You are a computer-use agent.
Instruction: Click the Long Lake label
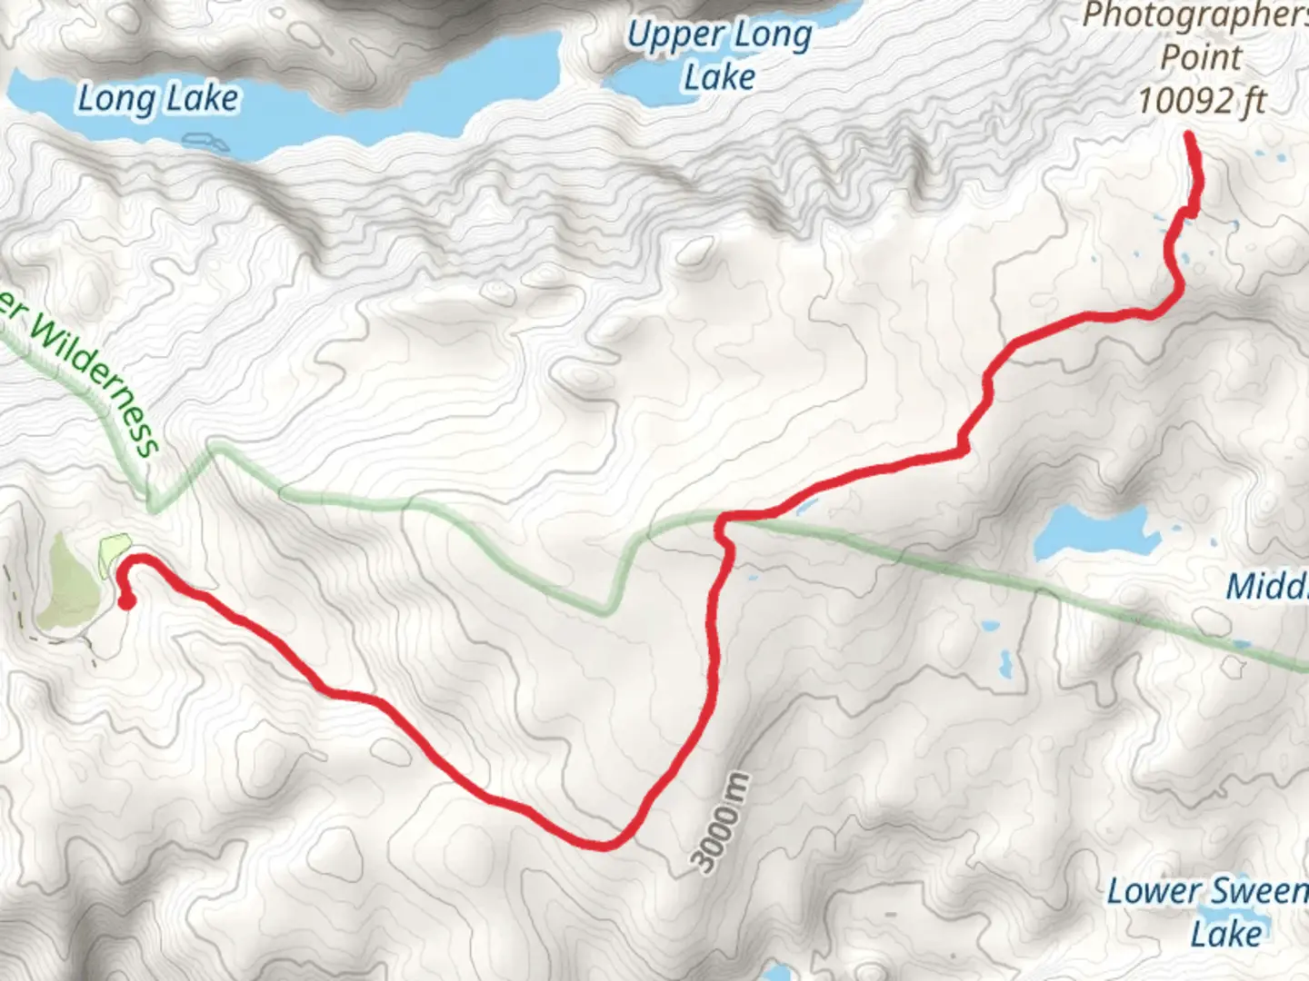pos(158,98)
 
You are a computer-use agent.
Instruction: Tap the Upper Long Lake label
pos(718,56)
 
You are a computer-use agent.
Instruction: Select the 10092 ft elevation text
pos(1202,100)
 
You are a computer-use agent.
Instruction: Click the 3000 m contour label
pos(724,823)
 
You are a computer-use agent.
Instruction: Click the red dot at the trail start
pos(127,601)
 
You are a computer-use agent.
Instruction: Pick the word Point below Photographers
pos(1202,57)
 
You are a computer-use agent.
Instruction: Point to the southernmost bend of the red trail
pos(605,846)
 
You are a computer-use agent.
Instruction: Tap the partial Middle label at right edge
pos(1267,586)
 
